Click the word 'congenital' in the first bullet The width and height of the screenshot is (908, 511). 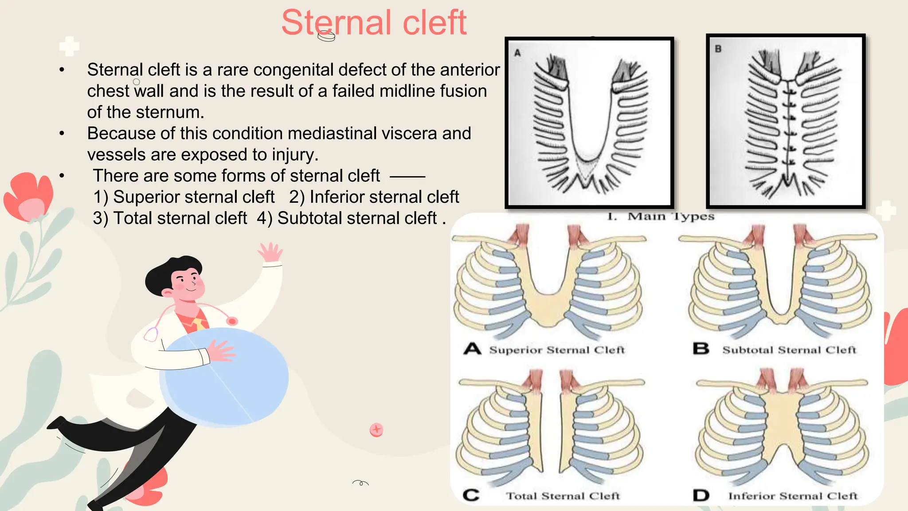point(293,70)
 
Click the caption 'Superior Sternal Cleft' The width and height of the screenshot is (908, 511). point(557,350)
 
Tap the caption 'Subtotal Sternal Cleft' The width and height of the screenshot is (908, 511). point(789,350)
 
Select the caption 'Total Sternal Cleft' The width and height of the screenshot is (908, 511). point(563,496)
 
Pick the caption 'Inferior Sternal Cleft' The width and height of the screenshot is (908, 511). point(793,496)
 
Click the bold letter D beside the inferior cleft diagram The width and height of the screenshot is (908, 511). point(701,495)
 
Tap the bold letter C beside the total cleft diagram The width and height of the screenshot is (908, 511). point(471,495)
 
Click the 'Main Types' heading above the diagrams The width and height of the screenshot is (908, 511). point(670,216)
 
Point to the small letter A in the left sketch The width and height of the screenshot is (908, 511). point(517,53)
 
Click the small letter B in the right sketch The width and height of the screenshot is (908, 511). point(718,49)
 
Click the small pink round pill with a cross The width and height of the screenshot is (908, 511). point(376,429)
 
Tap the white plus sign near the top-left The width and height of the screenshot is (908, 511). point(69,46)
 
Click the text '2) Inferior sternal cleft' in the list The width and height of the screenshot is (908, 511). point(374,197)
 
